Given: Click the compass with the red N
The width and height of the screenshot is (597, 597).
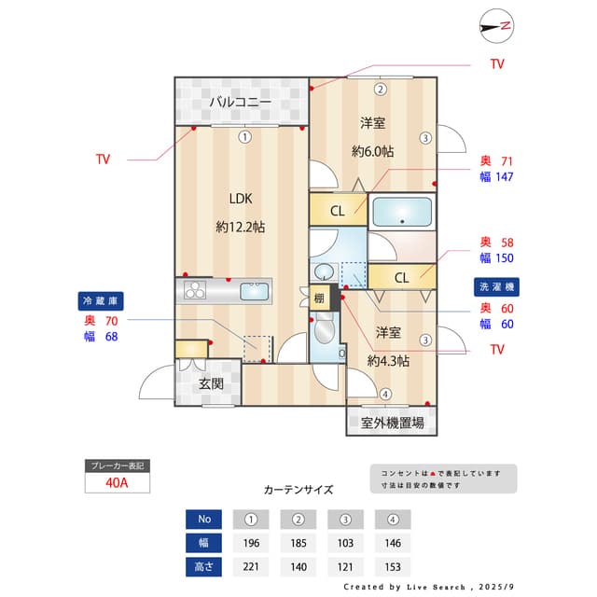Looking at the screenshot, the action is coord(496,26).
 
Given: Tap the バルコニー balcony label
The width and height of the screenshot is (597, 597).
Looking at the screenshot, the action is coord(241,102).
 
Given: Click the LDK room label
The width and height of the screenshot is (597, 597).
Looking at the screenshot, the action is coord(241,199).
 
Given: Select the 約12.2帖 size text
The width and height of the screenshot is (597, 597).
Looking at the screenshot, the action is coord(241,227).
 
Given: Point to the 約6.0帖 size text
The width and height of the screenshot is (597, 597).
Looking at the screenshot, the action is coord(372,151).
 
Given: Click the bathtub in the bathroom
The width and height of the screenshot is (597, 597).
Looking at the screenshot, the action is coord(402,212).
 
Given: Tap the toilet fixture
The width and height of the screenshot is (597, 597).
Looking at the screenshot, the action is coord(325,327).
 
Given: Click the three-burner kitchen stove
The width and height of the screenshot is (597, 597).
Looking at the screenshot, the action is coord(195,290).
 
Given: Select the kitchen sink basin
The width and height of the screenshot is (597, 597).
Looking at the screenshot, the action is coord(254,291).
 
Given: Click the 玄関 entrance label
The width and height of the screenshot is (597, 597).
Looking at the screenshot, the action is coord(211,383).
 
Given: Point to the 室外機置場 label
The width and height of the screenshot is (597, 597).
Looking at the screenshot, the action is coord(392,423).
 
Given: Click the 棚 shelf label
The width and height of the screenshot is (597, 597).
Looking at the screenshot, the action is coord(319,298).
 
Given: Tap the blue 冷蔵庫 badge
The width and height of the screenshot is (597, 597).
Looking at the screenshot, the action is coord(101,301).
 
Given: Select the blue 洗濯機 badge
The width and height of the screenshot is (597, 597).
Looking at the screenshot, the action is coord(496,286).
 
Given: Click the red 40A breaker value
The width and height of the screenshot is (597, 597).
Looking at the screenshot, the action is coord(117,483).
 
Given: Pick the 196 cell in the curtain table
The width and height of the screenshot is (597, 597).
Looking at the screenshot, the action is coord(251,543).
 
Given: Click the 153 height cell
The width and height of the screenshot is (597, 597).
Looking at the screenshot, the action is coord(393,567).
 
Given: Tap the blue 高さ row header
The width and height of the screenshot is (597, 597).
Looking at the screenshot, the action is coord(203,567).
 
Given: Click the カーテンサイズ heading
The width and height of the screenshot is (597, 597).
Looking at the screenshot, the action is coord(298,489).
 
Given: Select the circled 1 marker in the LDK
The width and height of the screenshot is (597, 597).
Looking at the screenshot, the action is coord(244,137).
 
